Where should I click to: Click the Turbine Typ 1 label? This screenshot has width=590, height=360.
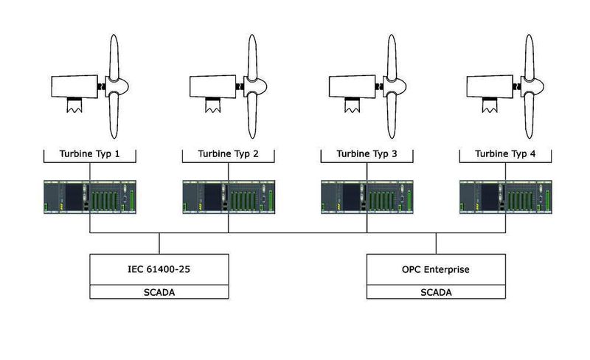(89, 155)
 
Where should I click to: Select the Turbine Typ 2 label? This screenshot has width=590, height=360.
(229, 155)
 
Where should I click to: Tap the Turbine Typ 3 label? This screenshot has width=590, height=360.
(367, 155)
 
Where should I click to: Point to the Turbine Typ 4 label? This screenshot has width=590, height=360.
(506, 155)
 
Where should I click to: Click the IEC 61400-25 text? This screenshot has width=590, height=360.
(160, 269)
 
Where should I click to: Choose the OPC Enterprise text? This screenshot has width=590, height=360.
(437, 269)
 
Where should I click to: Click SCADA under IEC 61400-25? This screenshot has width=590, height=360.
(160, 293)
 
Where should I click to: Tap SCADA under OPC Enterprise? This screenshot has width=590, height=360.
(437, 293)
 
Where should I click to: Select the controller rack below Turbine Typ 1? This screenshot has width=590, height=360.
(89, 197)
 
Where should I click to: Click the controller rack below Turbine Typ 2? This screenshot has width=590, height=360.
(229, 197)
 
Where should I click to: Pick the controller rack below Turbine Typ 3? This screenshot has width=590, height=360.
(367, 197)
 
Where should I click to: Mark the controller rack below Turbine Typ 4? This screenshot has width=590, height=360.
(506, 197)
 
